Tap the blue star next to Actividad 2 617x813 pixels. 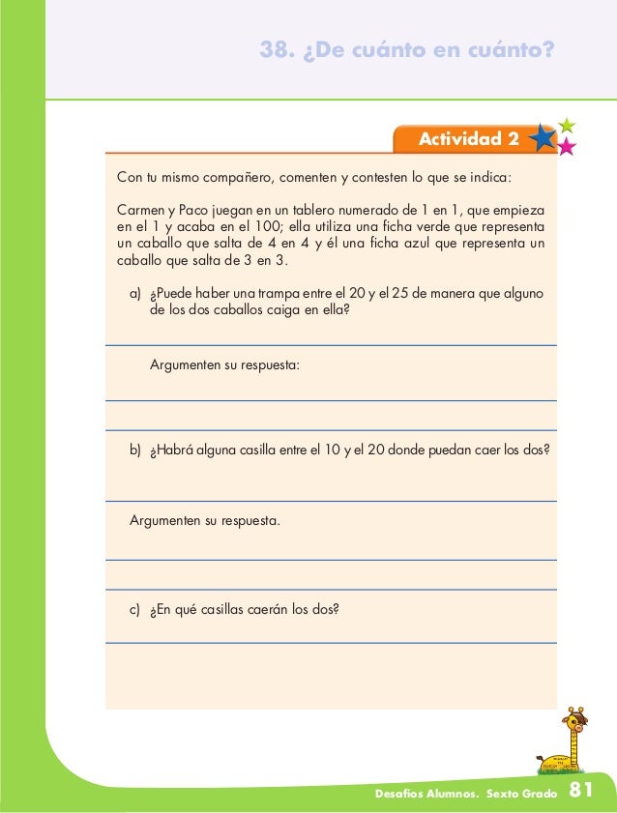pos(543,139)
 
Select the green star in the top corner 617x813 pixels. pos(567,125)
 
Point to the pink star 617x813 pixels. pos(566,147)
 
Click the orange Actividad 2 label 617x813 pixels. pos(467,140)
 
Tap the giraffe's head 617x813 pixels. pos(576,716)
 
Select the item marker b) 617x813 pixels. pos(135,450)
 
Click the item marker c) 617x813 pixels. pos(135,610)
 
